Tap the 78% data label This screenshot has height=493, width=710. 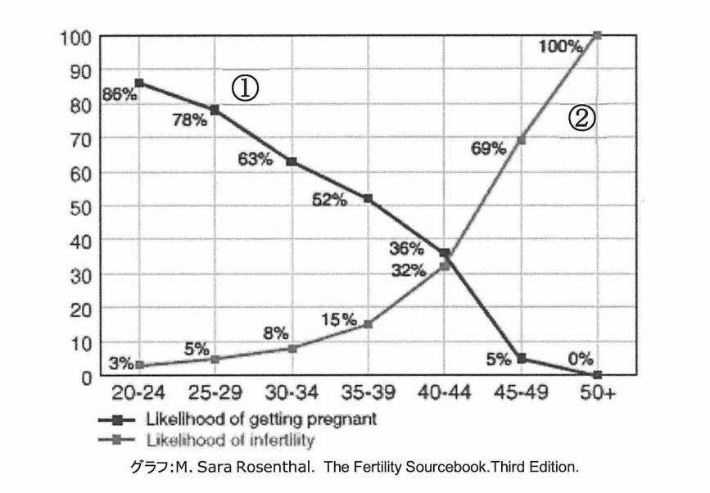[189, 120]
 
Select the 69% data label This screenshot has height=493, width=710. [488, 147]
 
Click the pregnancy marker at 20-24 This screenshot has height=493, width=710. [139, 83]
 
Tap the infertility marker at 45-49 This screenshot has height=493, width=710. [521, 140]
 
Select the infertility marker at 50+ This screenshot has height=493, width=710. [597, 35]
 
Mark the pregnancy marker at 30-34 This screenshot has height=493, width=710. [292, 161]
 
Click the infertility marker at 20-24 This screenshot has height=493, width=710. [139, 365]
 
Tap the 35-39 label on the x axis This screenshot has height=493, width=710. [368, 394]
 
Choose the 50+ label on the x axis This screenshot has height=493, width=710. [597, 394]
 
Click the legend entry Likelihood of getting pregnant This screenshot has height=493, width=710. [260, 419]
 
